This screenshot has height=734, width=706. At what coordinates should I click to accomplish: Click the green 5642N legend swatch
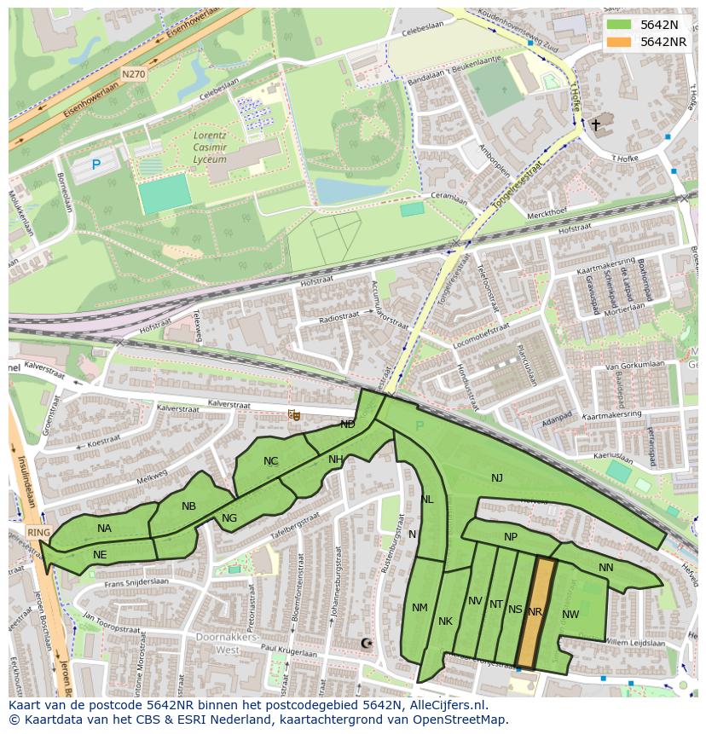(620, 24)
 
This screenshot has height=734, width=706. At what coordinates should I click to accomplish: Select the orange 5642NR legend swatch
(620, 42)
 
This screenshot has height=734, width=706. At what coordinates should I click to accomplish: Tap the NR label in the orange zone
(535, 612)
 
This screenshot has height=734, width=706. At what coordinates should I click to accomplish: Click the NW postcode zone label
(570, 615)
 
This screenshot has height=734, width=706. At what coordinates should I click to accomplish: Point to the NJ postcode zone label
(497, 478)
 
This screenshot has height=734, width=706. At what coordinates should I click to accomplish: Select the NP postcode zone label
(511, 537)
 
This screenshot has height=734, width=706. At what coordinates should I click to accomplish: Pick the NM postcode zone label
(420, 608)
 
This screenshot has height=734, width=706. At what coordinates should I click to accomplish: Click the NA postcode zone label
(104, 529)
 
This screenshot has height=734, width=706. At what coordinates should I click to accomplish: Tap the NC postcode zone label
(270, 461)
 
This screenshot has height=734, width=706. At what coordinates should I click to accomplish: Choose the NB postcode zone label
(188, 506)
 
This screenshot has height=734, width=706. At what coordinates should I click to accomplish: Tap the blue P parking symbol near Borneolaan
(95, 165)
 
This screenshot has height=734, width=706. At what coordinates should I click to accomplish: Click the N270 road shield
(133, 74)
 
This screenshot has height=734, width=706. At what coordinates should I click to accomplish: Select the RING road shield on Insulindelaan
(39, 532)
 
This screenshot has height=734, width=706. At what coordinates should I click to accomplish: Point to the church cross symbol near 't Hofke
(596, 125)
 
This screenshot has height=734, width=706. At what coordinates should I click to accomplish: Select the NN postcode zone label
(605, 568)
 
